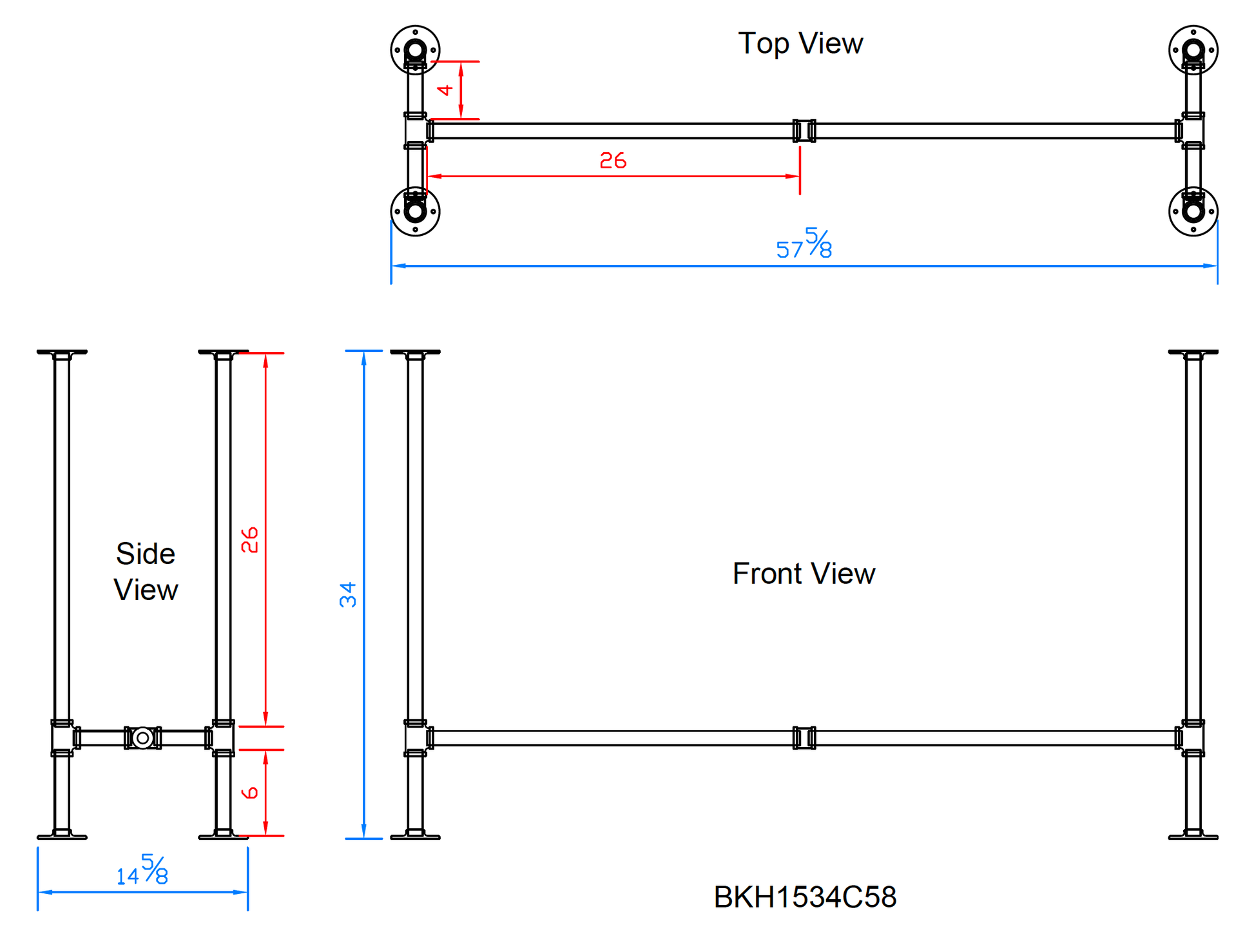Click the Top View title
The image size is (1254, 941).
(x=800, y=44)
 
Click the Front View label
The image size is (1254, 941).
(x=804, y=573)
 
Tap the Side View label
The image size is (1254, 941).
(x=146, y=572)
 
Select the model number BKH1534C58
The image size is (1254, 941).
(x=805, y=897)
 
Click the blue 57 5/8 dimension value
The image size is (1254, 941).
(x=804, y=244)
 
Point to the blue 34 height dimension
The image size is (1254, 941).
(x=348, y=594)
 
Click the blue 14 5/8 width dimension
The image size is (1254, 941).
(x=142, y=871)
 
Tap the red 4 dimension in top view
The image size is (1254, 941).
(x=445, y=90)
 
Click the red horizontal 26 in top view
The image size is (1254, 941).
(x=612, y=160)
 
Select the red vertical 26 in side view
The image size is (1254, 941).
(x=249, y=539)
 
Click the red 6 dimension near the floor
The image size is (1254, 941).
(x=249, y=792)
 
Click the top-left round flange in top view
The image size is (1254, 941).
(x=415, y=50)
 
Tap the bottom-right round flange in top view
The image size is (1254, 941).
(x=1193, y=211)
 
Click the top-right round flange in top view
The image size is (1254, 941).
(x=1193, y=50)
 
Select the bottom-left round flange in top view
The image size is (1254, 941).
(x=415, y=211)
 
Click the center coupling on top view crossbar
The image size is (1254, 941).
(x=804, y=131)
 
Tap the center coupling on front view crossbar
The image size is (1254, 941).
(x=804, y=737)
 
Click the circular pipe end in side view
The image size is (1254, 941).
(x=142, y=737)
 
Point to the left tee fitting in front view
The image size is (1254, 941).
(x=416, y=737)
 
